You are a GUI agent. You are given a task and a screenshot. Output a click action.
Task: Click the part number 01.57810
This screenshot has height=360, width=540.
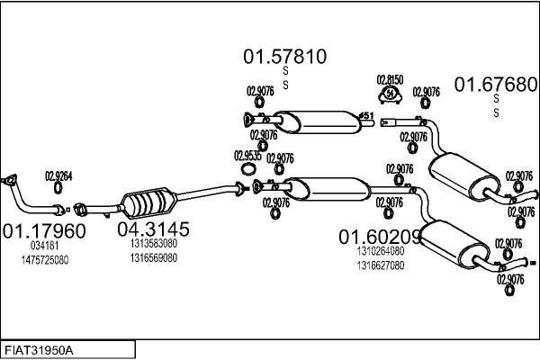pos(283,57)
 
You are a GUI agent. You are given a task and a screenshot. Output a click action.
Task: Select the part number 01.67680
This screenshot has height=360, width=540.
pos(494,84)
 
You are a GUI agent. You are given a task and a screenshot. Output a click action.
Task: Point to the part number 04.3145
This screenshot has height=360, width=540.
pos(153,230)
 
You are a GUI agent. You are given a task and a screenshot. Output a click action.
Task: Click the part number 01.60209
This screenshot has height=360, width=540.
pos(380,237)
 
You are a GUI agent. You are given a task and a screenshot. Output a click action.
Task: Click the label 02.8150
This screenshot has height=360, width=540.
pos(390,79)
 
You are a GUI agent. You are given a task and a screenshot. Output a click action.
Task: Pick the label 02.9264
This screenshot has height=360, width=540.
pos(58,176)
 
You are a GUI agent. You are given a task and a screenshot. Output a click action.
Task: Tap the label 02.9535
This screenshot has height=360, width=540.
pos(249,155)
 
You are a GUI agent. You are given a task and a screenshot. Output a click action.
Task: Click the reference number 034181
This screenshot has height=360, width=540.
pos(45,245)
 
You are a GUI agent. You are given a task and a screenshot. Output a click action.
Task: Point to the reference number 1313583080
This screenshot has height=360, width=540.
pos(153,244)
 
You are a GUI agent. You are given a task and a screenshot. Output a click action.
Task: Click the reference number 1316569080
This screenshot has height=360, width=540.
pos(153,257)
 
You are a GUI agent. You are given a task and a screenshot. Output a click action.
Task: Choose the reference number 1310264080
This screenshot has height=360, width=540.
pos(381,251)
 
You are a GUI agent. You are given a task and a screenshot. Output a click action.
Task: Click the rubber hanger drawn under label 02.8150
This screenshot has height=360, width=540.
pos(390,93)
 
